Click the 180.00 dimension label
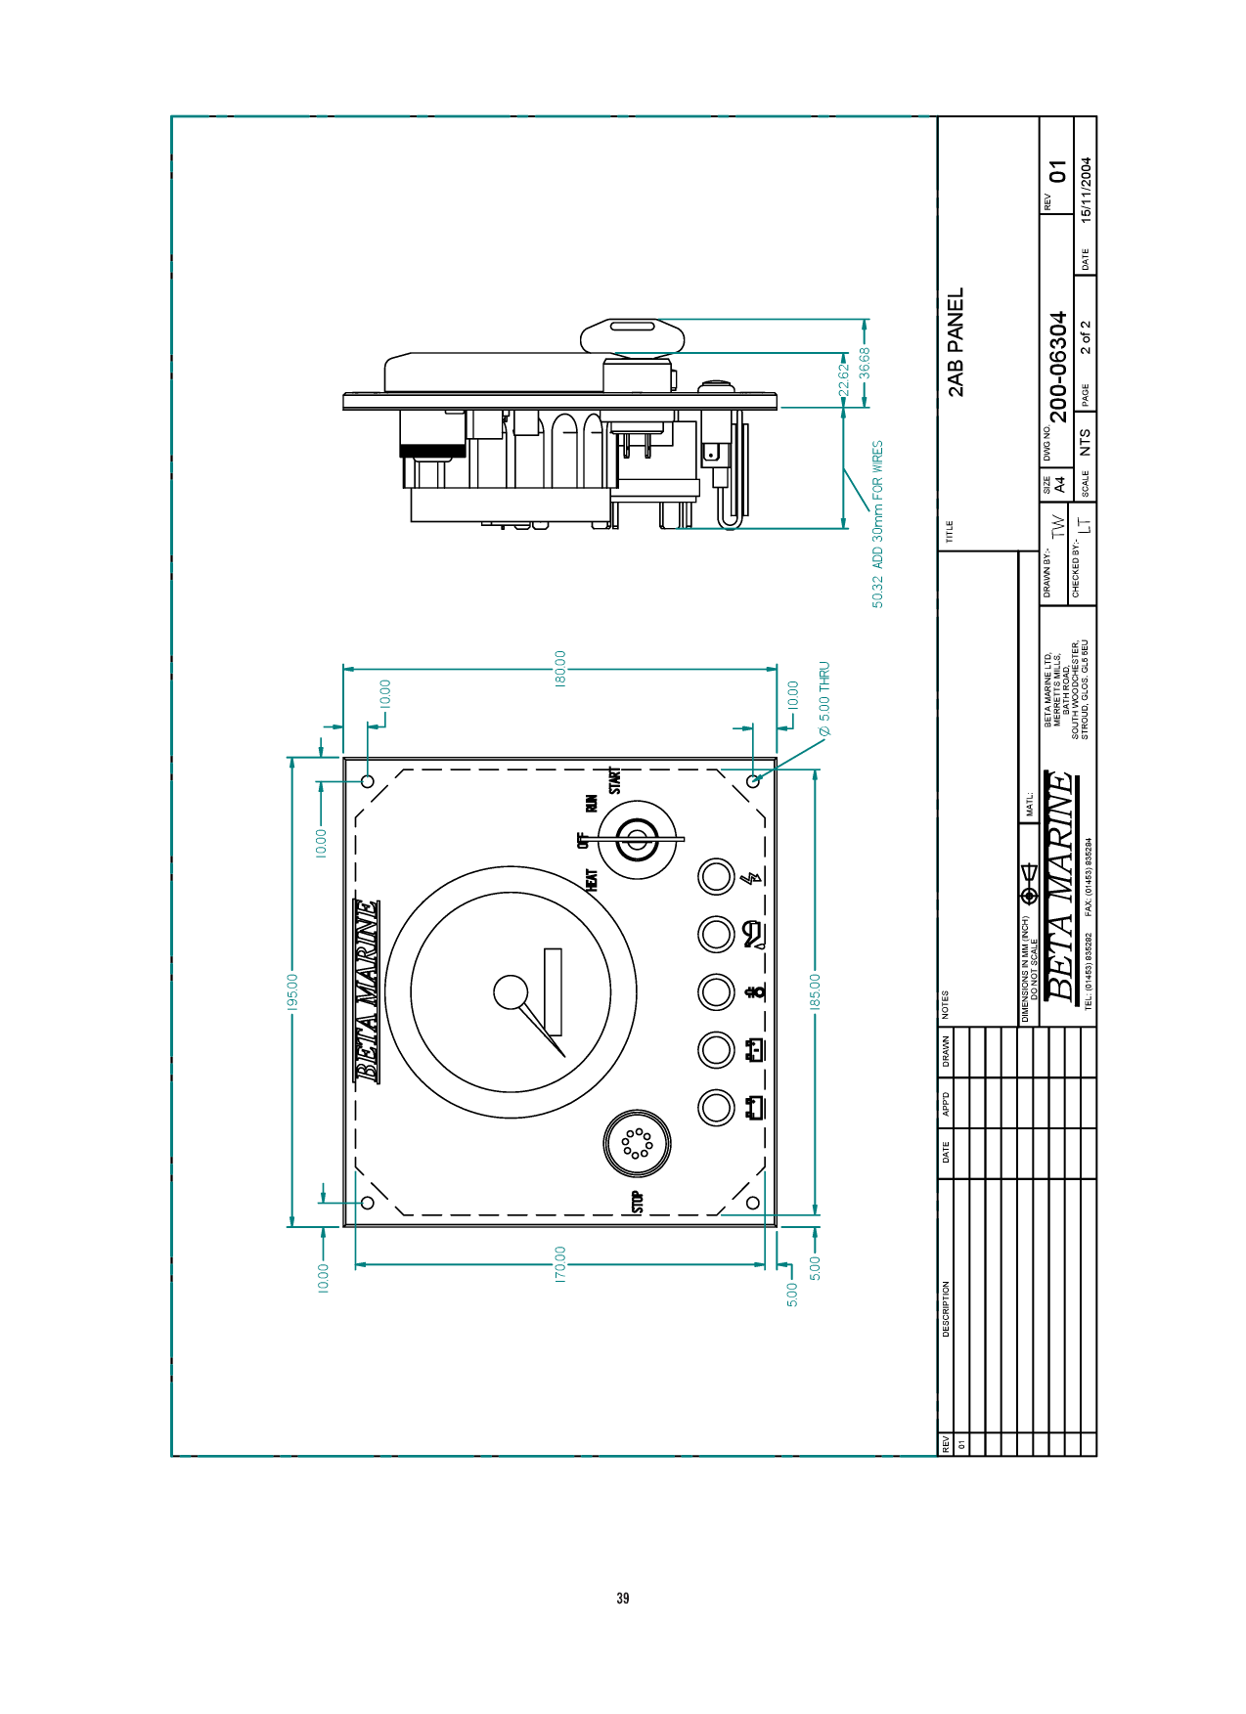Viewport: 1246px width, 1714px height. (560, 669)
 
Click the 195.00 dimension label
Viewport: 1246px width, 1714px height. (291, 991)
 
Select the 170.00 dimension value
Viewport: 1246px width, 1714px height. (560, 1264)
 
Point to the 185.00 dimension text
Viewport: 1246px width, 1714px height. (816, 991)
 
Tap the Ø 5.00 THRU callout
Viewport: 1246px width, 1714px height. (824, 699)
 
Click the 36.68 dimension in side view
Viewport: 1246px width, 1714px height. (865, 363)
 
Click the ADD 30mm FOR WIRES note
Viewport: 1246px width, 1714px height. (877, 505)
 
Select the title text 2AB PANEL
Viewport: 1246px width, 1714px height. (956, 342)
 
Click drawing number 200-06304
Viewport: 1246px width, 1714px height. (1057, 367)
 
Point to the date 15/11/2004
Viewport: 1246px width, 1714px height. (1086, 191)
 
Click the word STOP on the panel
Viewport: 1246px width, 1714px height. (638, 1202)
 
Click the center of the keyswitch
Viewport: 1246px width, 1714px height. (637, 841)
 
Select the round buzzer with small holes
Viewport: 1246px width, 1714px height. (637, 1143)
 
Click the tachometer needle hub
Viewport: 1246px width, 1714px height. (510, 992)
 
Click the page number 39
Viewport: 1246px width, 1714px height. (623, 1598)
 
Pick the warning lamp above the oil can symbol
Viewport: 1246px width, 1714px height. (716, 934)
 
